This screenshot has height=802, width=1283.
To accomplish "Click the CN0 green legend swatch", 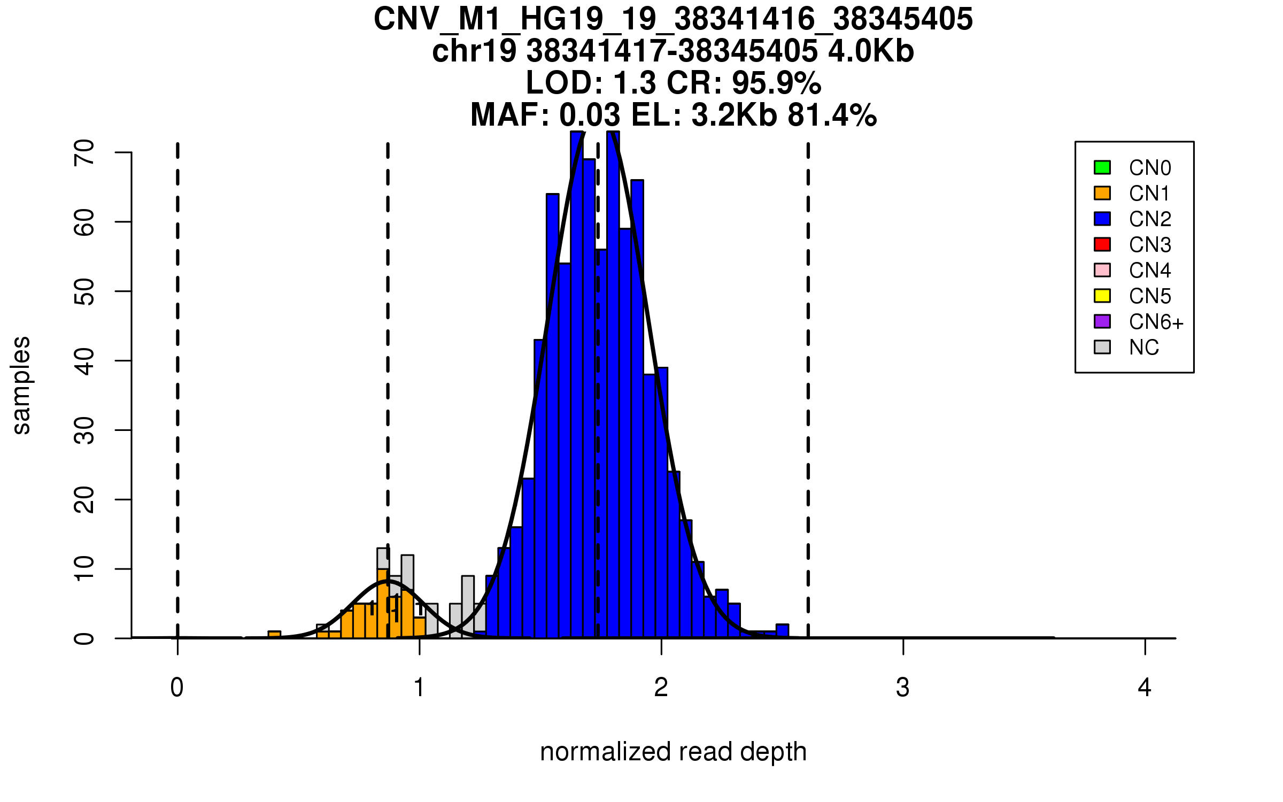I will (1102, 167).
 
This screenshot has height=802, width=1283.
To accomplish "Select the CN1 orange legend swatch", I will (1102, 193).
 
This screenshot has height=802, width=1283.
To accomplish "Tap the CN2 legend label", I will (1150, 219).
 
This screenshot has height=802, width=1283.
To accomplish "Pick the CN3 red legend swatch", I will (1102, 244).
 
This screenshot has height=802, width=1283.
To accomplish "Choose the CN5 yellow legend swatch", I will (1102, 296).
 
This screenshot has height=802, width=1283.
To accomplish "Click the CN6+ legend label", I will (1156, 322).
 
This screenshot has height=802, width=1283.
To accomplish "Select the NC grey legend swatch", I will (1102, 347).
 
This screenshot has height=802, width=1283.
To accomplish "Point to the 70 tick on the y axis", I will (123, 152).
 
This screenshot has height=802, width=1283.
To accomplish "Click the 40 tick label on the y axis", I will (84, 361).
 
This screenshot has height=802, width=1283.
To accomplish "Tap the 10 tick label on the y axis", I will (84, 569).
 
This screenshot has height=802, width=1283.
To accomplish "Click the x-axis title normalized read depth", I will (673, 752).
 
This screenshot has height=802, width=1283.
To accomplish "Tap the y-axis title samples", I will (21, 385).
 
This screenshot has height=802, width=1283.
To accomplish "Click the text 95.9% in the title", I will (776, 83).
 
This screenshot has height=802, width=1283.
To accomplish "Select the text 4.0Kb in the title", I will (871, 51).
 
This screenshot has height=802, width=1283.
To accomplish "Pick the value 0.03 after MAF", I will (590, 115).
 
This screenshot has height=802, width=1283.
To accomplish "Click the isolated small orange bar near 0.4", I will (274, 635).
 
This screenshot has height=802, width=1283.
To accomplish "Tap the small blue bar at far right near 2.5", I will (782, 631).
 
